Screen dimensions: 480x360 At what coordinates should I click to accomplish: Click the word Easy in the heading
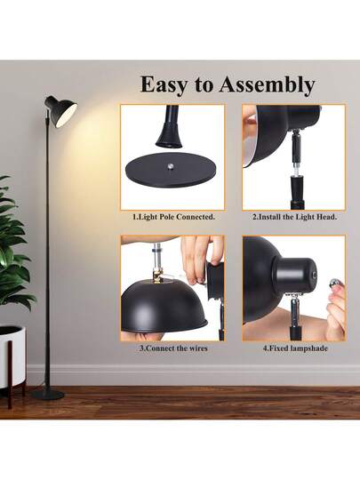[x=167, y=84]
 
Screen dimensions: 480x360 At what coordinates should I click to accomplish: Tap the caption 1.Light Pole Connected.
[x=173, y=216]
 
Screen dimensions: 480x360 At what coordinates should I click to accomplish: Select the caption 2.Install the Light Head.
[x=293, y=216]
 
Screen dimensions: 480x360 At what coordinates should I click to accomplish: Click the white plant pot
[x=12, y=356]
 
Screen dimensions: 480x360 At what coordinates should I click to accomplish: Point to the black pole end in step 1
[x=168, y=129]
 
